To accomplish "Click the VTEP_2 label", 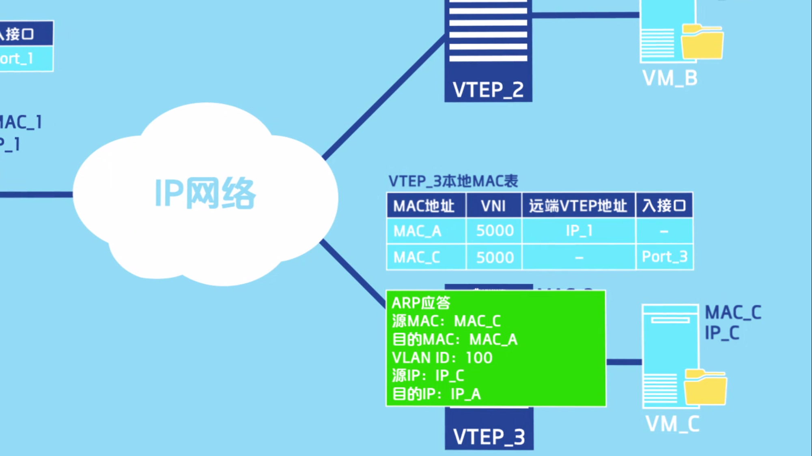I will coord(488,90).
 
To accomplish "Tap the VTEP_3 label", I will coord(489,437).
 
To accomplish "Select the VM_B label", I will coord(670,78).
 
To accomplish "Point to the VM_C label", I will coord(672,424).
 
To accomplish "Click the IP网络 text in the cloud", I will coord(205,193).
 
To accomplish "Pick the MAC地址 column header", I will coord(424,206).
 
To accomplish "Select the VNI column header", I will coord(493,206).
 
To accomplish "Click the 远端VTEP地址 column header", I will coord(578,206).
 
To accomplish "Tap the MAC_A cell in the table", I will coord(417,231).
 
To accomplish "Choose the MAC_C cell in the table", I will coord(417,257).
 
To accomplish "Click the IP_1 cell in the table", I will coord(579,231).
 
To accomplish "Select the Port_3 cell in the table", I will coord(664,257).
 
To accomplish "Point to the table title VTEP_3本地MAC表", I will coord(453,181).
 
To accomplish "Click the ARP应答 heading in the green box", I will coord(421,303).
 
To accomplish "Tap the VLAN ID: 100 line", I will coord(442,358).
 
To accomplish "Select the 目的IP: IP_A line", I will coord(436,394).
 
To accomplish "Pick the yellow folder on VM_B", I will coord(702,42).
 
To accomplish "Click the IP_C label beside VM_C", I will coord(722,333).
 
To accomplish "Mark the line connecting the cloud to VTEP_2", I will coord(383,97).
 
